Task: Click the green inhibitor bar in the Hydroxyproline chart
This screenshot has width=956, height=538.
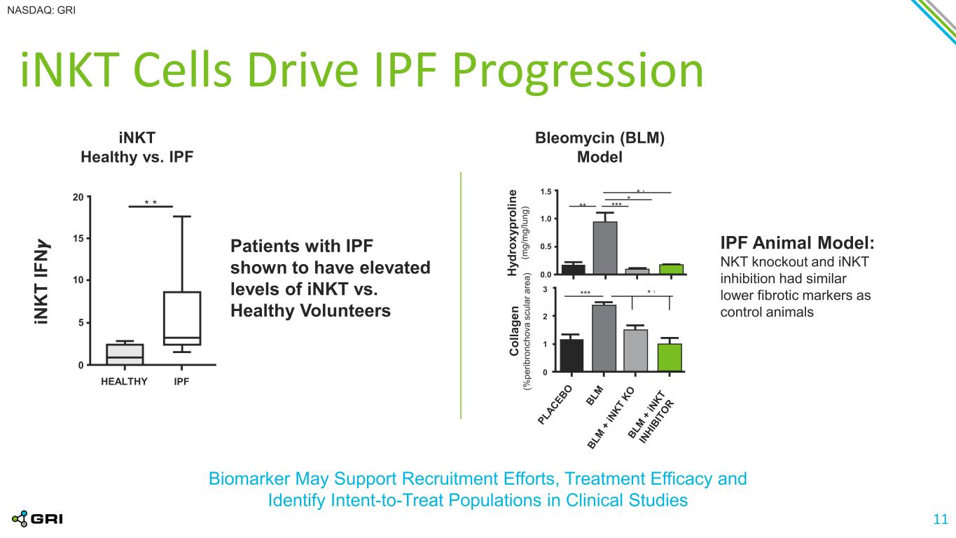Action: (671, 269)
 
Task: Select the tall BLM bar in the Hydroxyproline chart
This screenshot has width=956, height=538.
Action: (605, 248)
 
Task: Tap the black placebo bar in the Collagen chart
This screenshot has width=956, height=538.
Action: (571, 355)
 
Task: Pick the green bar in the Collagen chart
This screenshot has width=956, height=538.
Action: (670, 357)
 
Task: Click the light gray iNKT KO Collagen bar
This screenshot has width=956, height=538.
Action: (635, 350)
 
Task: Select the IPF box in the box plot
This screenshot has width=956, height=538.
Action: (182, 318)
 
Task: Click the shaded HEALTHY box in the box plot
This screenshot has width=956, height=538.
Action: (125, 354)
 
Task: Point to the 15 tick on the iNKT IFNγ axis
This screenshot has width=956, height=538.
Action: (78, 238)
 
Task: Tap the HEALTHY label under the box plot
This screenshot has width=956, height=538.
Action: (124, 381)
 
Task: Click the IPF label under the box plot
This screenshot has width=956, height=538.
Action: (181, 381)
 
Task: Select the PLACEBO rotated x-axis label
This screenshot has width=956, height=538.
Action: (555, 405)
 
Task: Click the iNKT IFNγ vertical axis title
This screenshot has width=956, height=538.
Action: (41, 282)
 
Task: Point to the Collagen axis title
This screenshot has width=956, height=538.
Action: (514, 331)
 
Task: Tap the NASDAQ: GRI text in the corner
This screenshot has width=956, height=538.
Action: (41, 11)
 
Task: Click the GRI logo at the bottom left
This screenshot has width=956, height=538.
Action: (38, 519)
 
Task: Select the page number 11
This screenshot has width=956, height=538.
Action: (941, 519)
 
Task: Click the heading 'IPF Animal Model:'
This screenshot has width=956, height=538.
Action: (797, 243)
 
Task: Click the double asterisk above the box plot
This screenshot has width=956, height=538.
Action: (151, 202)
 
